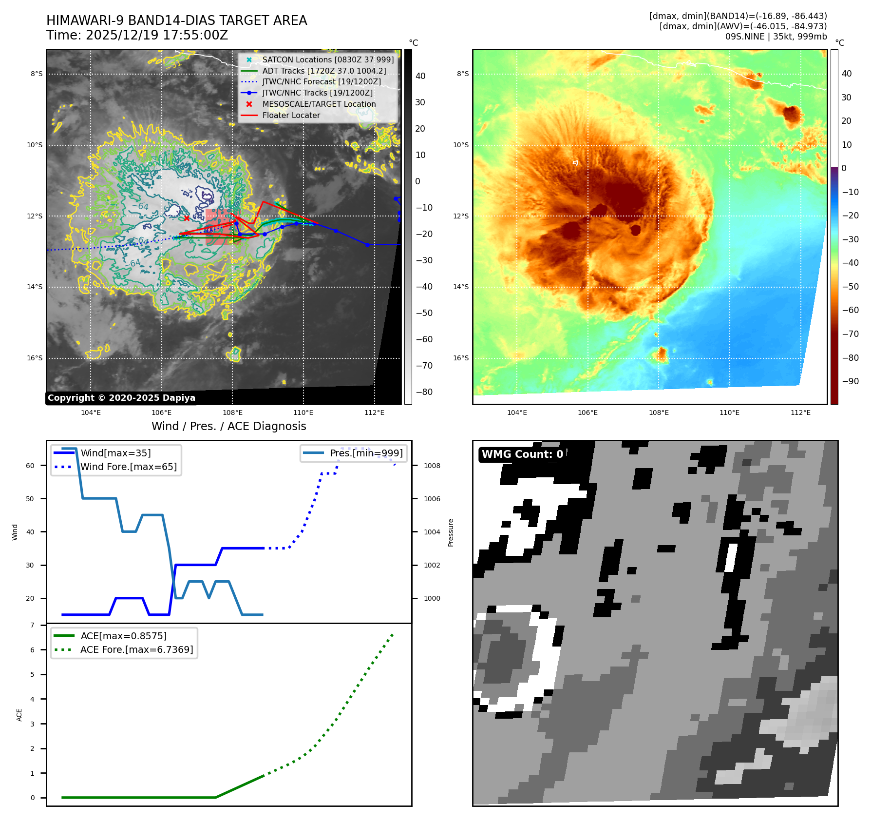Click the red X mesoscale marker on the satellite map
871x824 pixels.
click(x=187, y=218)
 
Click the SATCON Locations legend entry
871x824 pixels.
click(x=327, y=60)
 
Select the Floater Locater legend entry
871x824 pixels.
click(x=291, y=116)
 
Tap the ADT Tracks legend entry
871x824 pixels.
click(x=324, y=71)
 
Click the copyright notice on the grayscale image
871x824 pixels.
click(x=121, y=398)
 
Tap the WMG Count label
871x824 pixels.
click(x=522, y=454)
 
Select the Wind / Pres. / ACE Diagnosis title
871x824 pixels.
click(x=229, y=426)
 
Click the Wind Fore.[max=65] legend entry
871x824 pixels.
click(x=129, y=467)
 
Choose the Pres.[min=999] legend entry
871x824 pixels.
click(x=366, y=453)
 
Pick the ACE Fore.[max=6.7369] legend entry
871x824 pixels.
click(x=136, y=649)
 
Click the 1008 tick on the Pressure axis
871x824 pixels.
click(x=432, y=466)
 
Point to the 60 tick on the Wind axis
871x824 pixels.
click(x=30, y=466)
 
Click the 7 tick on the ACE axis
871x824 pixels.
click(x=33, y=625)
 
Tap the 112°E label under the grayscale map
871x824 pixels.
click(x=374, y=413)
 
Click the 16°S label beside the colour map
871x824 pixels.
click(x=461, y=358)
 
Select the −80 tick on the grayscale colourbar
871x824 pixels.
click(x=424, y=392)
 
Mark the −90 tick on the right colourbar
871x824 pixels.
click(x=851, y=381)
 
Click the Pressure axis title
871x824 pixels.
click(x=451, y=532)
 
